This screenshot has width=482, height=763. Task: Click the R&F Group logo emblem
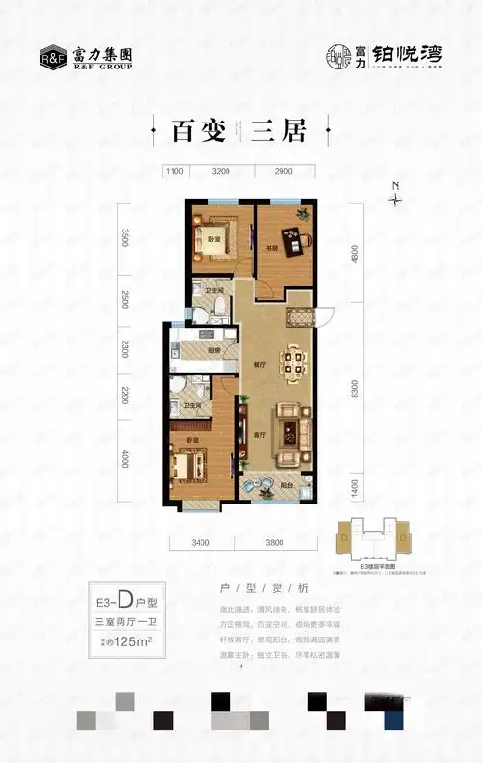click(53, 55)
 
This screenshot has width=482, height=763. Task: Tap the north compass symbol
click(394, 198)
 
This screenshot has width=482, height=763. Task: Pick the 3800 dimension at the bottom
click(274, 542)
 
